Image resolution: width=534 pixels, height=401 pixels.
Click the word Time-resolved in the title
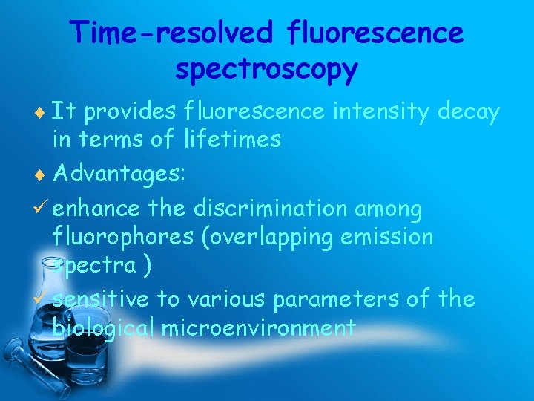172,33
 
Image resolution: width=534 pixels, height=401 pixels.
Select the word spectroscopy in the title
267,70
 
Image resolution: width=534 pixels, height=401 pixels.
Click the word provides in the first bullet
129,111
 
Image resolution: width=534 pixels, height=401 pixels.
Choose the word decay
469,111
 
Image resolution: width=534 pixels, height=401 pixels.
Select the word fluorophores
122,237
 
